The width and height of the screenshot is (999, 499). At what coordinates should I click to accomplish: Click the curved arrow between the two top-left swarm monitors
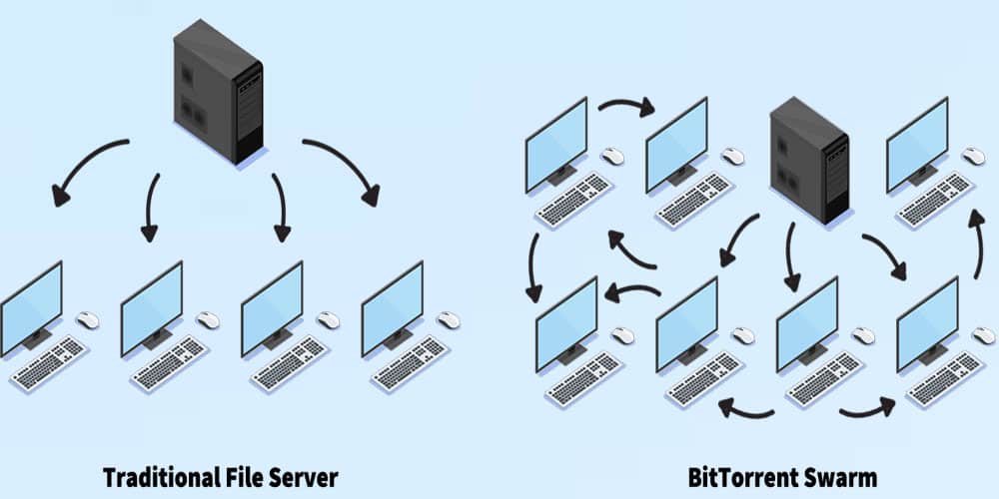[624, 105]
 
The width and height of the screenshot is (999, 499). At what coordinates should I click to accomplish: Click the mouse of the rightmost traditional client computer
[449, 320]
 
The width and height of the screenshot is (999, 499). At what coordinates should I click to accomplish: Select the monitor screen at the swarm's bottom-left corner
[566, 324]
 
